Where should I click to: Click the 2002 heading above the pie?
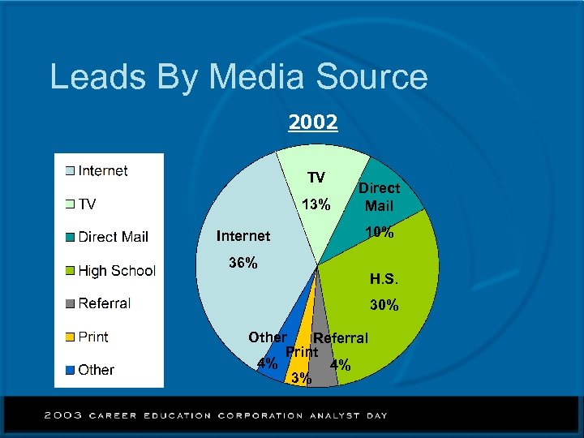(313, 122)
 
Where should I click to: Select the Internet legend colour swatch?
(71, 171)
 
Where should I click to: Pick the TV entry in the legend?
(86, 204)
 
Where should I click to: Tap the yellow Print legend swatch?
(71, 337)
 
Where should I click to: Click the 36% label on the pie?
(243, 263)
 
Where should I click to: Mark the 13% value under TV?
(316, 204)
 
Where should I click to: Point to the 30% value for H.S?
(384, 306)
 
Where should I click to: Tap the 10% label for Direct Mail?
(380, 233)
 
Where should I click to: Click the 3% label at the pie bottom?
(300, 377)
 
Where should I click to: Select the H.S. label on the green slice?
(384, 280)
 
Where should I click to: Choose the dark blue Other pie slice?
(290, 324)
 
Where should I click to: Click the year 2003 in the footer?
(62, 415)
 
